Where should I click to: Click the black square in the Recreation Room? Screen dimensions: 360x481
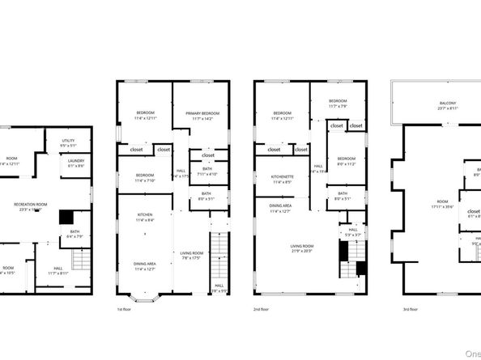[x=66, y=217]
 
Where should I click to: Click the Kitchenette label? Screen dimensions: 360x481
[x=282, y=179]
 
